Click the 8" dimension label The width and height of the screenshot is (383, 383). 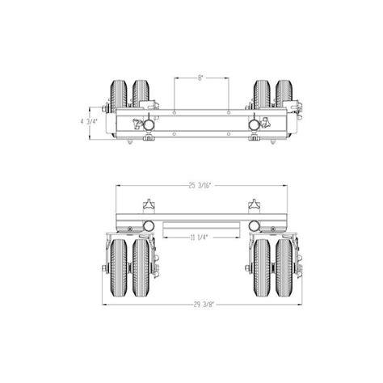pos(200,78)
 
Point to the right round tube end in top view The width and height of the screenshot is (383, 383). pos(255,124)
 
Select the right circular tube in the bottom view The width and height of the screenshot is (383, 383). pos(255,225)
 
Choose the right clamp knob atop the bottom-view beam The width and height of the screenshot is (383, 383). pos(255,203)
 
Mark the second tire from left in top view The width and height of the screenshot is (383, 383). pos(141,93)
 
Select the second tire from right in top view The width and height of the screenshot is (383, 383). pos(260,93)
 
